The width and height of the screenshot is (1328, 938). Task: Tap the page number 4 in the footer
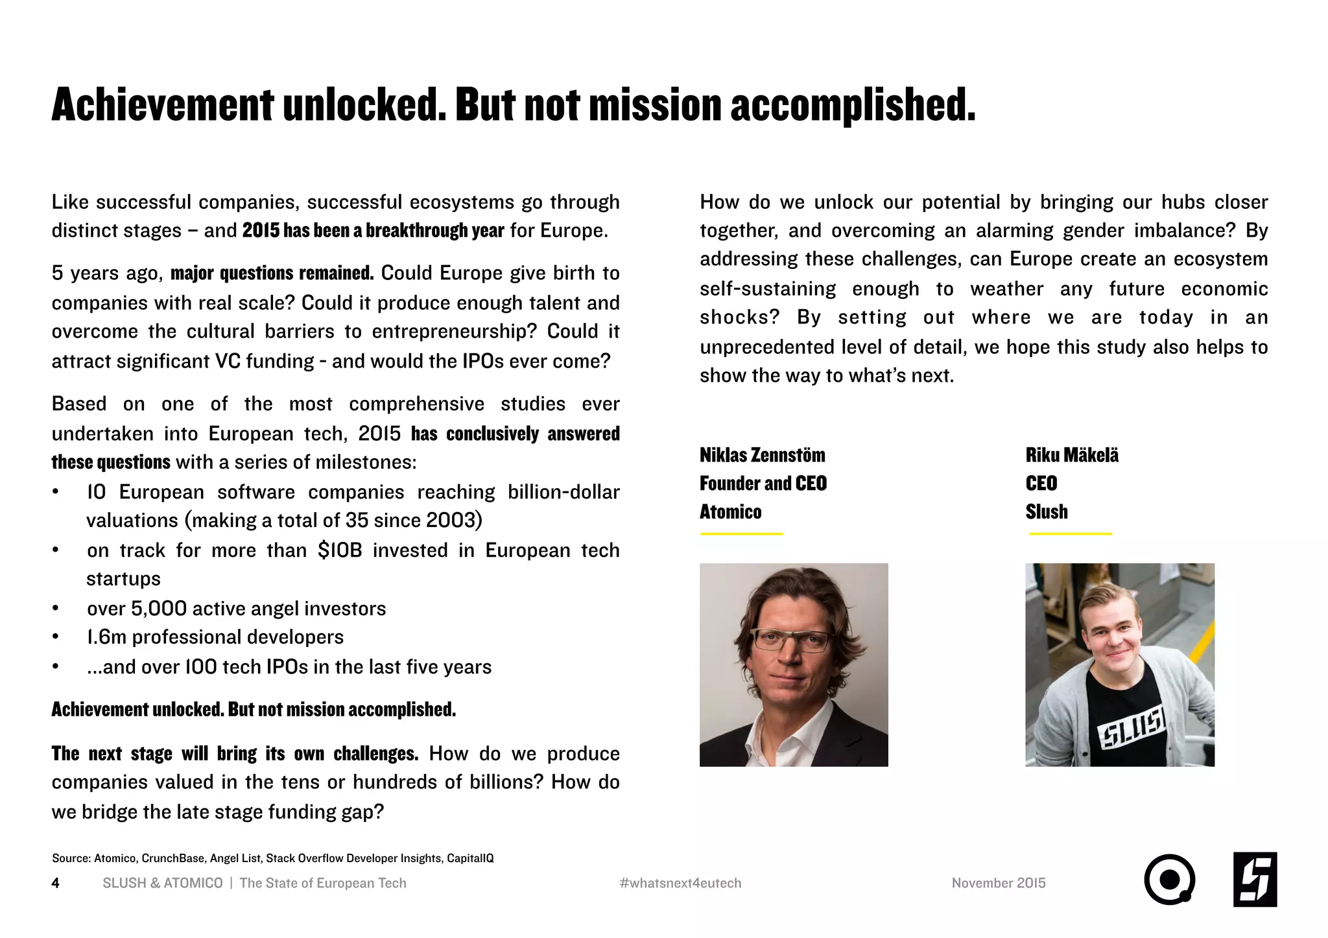tap(56, 883)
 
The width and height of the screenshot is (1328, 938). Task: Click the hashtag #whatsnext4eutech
tap(680, 883)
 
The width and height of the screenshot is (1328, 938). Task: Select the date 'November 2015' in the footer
tap(999, 883)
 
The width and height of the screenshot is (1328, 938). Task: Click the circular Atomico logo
tap(1169, 880)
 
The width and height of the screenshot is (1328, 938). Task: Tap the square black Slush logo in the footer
tap(1255, 880)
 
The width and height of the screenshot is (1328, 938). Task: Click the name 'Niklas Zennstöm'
tap(762, 455)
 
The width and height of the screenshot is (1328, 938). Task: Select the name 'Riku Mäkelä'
tap(1072, 455)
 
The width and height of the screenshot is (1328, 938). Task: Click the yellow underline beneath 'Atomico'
tap(741, 534)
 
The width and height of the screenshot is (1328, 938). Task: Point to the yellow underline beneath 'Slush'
tap(1071, 534)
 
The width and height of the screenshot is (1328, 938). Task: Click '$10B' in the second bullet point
tap(340, 550)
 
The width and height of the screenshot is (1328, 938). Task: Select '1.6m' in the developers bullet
tap(106, 637)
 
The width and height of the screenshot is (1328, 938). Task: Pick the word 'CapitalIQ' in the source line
tap(470, 858)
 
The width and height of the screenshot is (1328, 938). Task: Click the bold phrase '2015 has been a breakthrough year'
tap(373, 231)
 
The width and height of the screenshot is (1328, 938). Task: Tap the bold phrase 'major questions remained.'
tap(272, 273)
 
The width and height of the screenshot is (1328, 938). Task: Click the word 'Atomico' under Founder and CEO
tap(730, 512)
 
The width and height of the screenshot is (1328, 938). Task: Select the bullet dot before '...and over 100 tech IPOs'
tap(56, 667)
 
